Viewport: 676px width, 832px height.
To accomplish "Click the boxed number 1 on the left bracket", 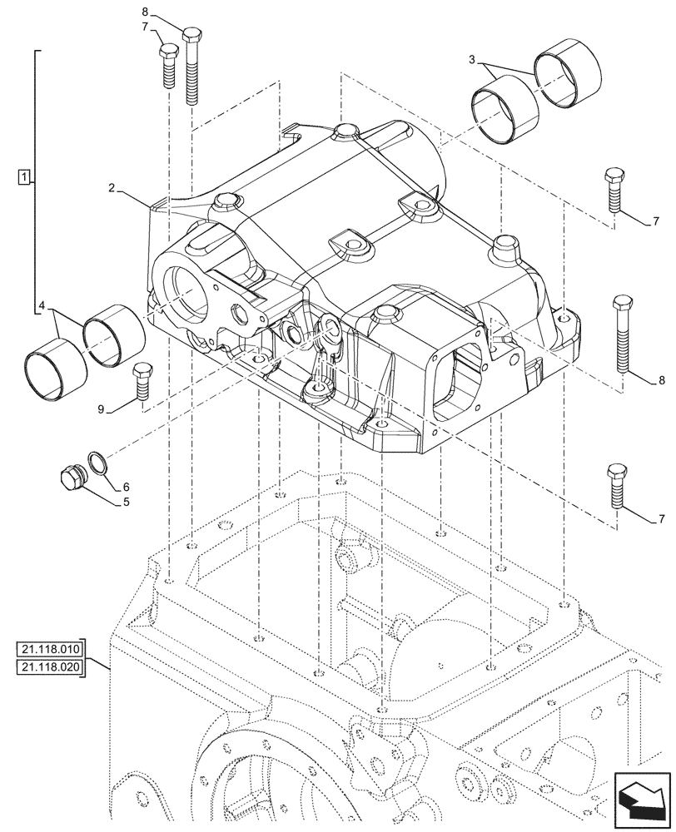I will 25,176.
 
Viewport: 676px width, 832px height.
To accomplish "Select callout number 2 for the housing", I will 111,190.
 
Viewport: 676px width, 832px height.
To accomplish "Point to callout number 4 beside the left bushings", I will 42,307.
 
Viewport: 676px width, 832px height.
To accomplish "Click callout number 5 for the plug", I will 126,502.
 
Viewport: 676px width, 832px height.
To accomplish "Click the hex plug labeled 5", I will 71,479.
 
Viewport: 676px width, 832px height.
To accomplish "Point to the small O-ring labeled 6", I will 97,463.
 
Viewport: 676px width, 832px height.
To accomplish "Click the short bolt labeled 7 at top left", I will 166,65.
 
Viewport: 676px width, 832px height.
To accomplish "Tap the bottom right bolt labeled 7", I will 615,485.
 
